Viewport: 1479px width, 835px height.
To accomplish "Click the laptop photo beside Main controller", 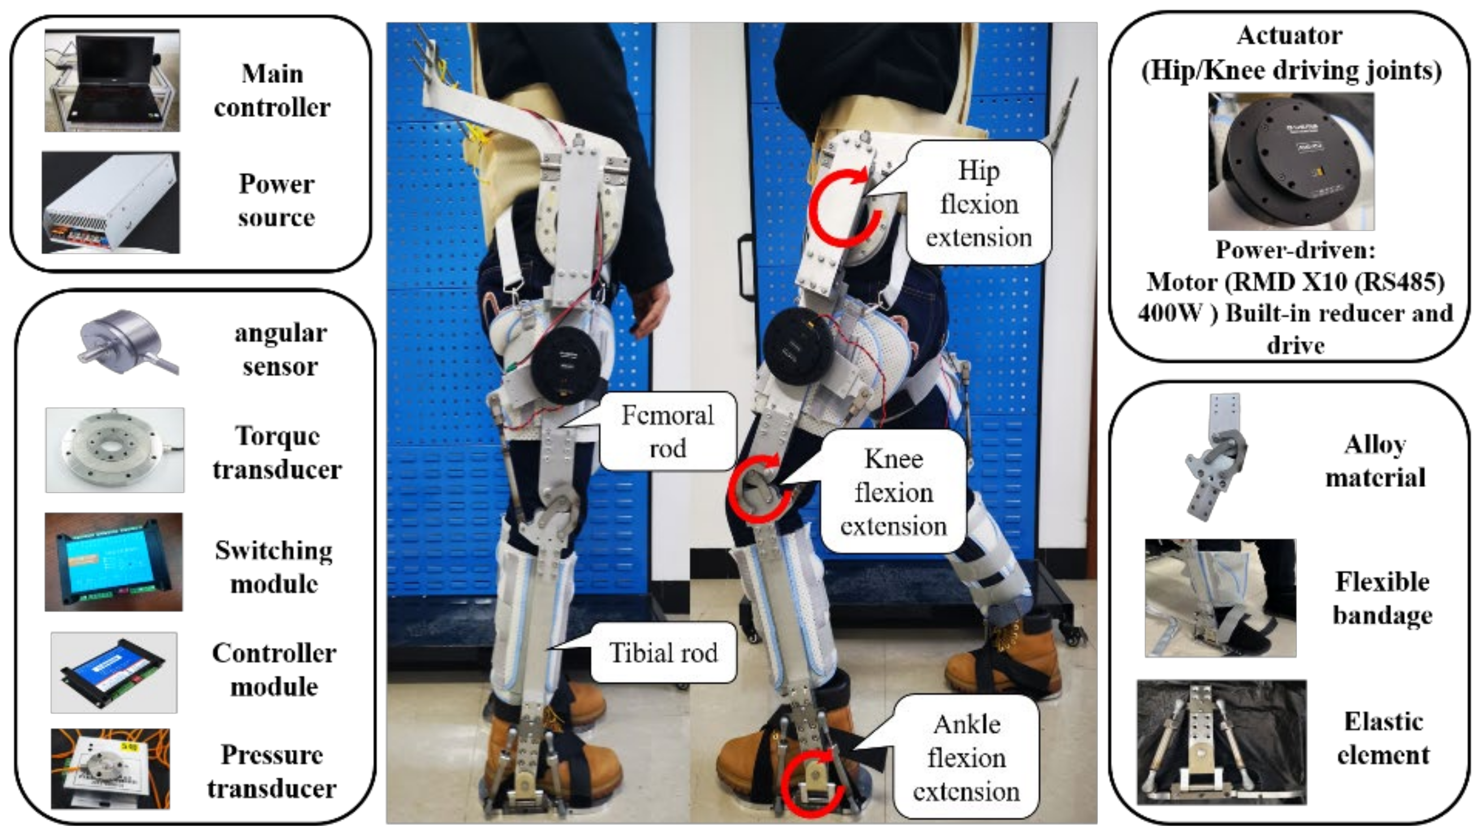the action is (113, 80).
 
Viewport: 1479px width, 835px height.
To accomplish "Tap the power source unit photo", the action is (111, 203).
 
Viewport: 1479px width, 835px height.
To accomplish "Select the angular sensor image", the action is (127, 343).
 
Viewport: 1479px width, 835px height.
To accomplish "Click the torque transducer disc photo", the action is (115, 450).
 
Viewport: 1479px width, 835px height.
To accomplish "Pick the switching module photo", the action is (114, 562).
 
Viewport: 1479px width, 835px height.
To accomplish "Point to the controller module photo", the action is (114, 673).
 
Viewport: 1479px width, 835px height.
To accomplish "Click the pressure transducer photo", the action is (110, 768).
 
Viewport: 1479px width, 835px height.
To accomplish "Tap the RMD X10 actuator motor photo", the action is (1291, 161).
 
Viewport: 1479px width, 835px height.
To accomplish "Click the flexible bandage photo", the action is (1220, 598).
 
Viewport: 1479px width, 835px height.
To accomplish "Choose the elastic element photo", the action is (1221, 742).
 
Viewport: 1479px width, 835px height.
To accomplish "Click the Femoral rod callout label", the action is (667, 432).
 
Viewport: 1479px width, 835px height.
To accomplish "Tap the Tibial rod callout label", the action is (663, 653).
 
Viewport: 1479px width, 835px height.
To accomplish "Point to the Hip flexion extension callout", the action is (979, 204).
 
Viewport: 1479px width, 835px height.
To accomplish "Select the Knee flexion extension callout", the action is (893, 493).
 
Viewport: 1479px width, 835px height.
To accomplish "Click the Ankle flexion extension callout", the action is (966, 758).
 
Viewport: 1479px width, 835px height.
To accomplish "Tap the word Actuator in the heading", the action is (1289, 36).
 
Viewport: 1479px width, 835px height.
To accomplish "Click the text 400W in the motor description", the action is (1170, 314).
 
